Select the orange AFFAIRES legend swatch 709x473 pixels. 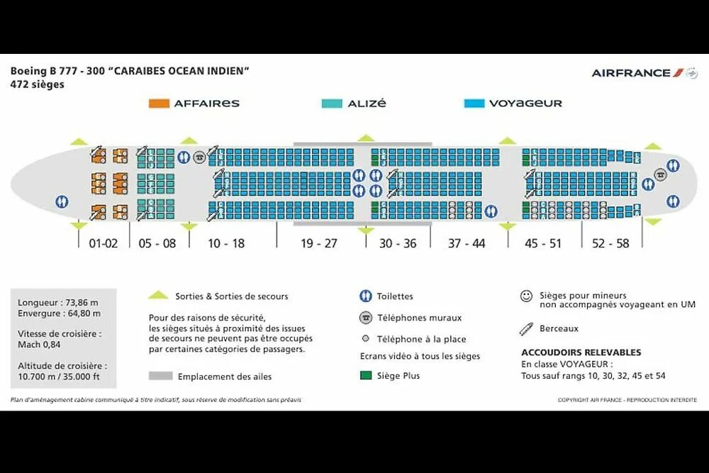[159, 104]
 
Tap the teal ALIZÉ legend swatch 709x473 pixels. [332, 104]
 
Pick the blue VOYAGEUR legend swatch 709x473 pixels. [474, 104]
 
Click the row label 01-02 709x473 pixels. [103, 243]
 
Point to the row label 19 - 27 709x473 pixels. [319, 243]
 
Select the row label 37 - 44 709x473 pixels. [467, 243]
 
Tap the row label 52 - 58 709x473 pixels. [610, 243]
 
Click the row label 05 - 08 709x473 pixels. [157, 243]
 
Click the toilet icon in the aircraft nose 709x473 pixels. [62, 201]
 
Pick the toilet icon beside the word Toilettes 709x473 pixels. [366, 296]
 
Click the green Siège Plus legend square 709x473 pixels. [366, 375]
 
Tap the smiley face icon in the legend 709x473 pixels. [526, 296]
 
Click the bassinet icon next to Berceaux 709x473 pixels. [526, 328]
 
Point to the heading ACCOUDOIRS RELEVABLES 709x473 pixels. [581, 352]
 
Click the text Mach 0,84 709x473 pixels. [40, 344]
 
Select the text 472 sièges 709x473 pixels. [38, 84]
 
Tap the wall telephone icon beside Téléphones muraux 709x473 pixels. [366, 318]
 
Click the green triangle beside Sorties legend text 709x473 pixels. [159, 296]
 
